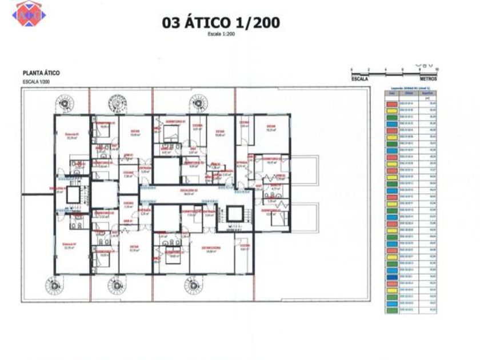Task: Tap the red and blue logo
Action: coord(29,13)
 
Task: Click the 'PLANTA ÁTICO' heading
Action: coord(41,73)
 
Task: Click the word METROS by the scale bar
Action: coord(428,79)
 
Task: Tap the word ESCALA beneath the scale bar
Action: coord(360,79)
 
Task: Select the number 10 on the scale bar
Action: coord(437,69)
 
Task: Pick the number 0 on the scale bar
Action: coord(352,69)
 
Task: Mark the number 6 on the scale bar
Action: coord(403,69)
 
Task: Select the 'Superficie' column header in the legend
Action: coord(426,93)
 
